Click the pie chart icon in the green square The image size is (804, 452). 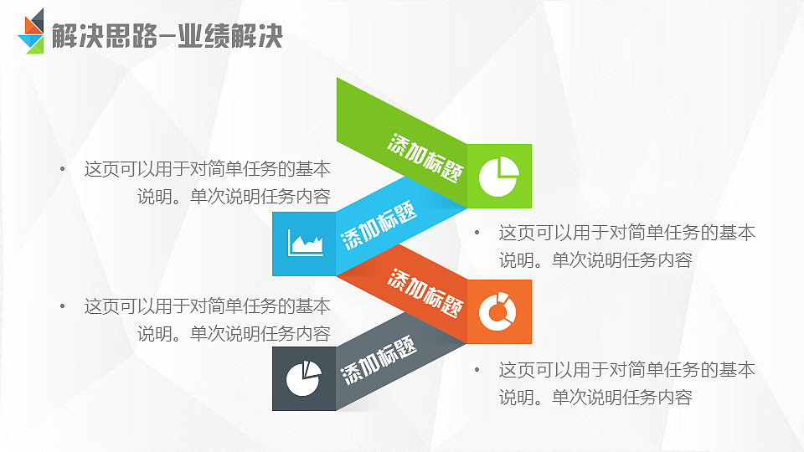point(499,176)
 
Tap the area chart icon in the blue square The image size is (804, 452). point(305,244)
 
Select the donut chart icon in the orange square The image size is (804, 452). point(499,311)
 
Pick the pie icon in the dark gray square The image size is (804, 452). point(304,379)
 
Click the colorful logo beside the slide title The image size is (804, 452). point(33,32)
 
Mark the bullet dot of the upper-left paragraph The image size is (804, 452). point(62,169)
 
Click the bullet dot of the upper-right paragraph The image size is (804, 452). point(477,232)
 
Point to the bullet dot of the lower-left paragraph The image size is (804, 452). point(62,306)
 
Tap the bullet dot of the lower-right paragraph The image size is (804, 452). point(477,369)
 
